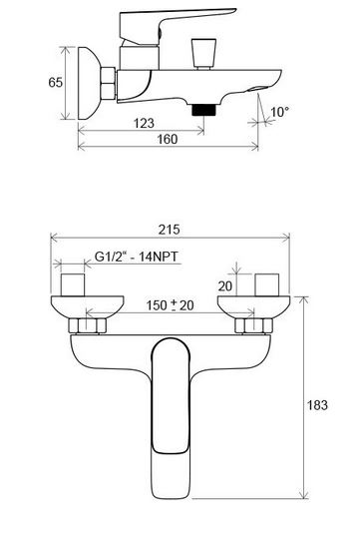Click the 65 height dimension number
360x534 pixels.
click(56, 82)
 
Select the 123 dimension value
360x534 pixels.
click(144, 123)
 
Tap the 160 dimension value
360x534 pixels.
click(168, 139)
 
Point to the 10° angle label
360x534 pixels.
click(280, 112)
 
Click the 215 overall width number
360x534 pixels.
click(170, 230)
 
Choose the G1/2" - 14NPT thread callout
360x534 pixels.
click(136, 257)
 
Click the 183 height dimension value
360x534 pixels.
click(318, 405)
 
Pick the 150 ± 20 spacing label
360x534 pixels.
click(171, 305)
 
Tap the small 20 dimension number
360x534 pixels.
click(225, 286)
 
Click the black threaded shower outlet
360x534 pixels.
click(204, 110)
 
